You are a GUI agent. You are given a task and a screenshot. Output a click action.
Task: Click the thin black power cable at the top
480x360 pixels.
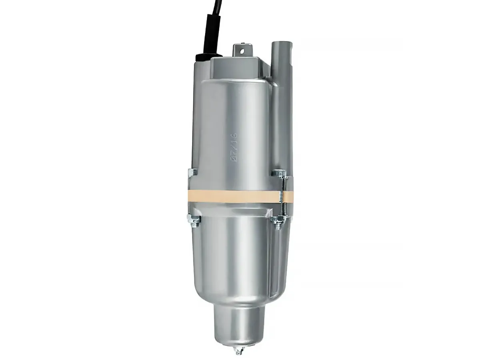pyautogui.click(x=216, y=6)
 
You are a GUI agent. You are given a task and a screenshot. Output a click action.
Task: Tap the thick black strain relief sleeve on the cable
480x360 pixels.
pyautogui.click(x=210, y=34)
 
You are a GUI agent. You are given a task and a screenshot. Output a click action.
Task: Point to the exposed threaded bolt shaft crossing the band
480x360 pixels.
pyautogui.click(x=284, y=196)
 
